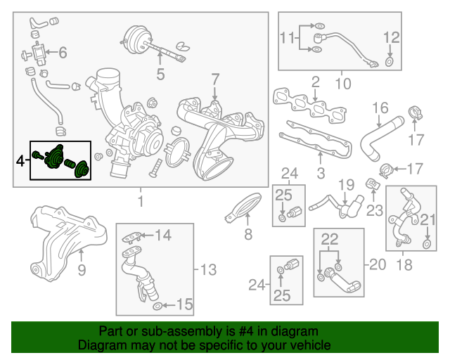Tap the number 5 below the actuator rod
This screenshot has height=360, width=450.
pos(160,72)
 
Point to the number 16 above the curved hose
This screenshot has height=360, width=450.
pos(380,108)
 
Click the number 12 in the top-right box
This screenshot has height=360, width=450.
pos(391,37)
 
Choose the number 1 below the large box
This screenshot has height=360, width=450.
pos(140,202)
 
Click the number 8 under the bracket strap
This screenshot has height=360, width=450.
pos(247,235)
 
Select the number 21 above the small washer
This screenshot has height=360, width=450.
pos(427,221)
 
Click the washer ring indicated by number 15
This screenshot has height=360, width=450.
pos(157,305)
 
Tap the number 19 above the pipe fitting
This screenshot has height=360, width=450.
pos(345,185)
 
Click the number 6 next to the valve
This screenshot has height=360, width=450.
pos(62,52)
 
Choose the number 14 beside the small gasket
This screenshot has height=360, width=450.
pos(163,235)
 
